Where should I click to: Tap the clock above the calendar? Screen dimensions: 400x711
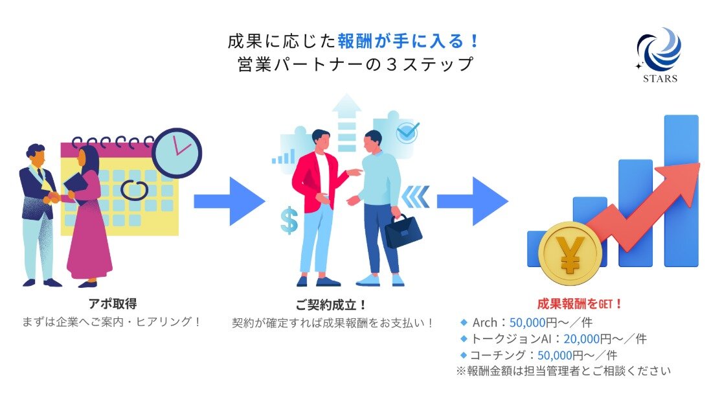(177, 152)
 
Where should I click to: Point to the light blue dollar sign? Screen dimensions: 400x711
(289, 220)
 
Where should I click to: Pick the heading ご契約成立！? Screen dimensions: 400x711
(332, 304)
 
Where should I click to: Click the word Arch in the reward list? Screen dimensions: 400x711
(484, 322)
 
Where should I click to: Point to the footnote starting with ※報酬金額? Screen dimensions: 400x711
(563, 371)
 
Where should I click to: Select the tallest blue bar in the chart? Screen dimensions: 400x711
(681, 191)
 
